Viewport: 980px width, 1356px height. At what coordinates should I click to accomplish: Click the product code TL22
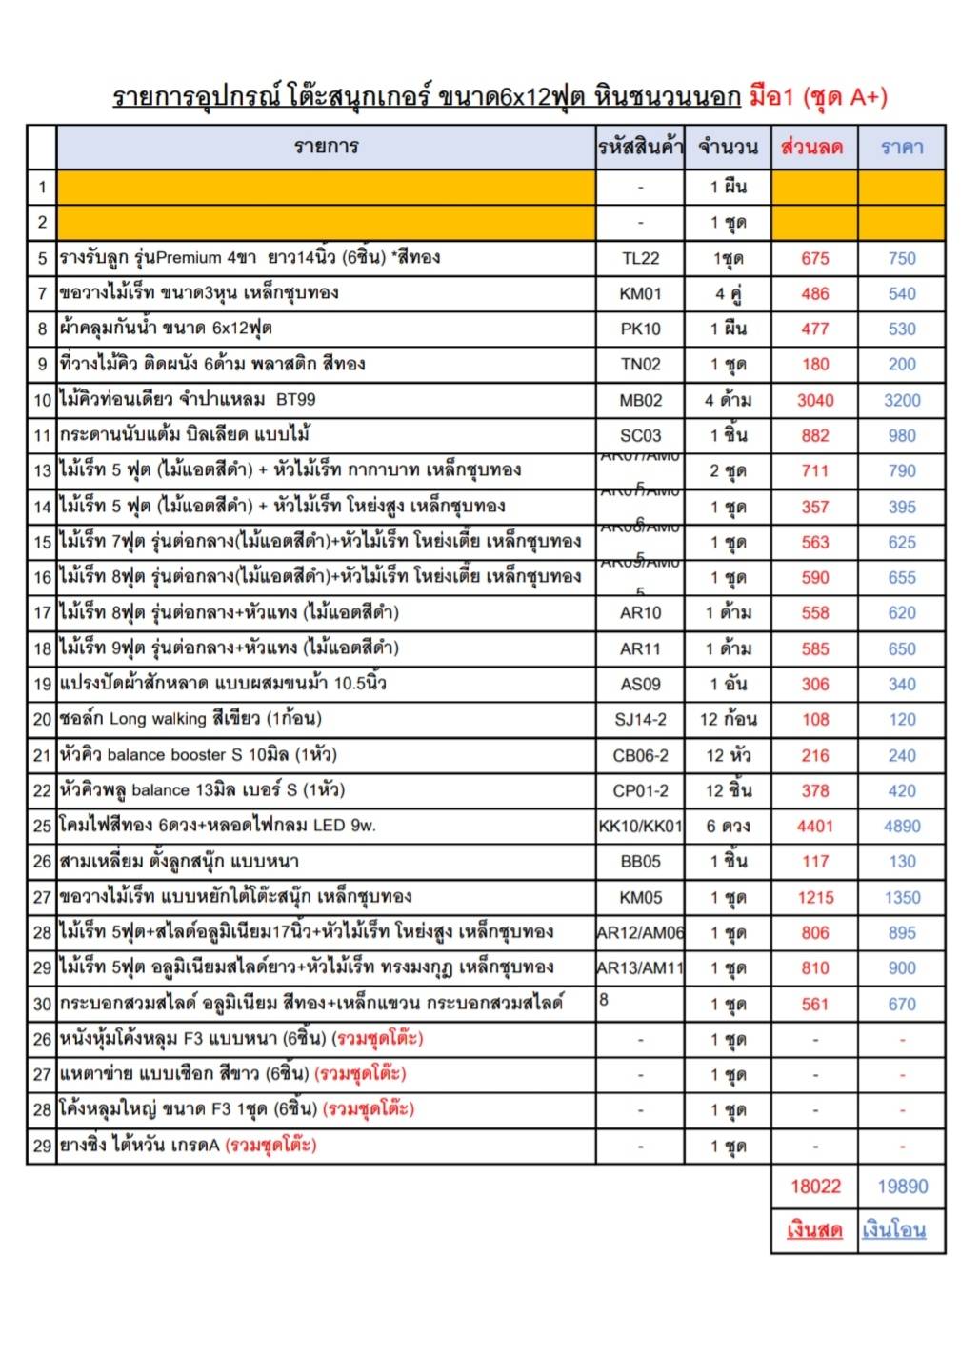click(x=640, y=259)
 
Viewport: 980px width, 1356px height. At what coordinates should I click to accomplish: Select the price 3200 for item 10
click(x=901, y=401)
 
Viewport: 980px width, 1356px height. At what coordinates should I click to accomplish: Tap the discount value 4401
click(x=814, y=827)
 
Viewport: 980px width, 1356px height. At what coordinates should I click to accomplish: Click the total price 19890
click(x=902, y=1186)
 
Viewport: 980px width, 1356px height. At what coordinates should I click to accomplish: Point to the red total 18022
click(x=815, y=1186)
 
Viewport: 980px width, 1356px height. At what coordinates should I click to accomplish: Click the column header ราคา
click(x=901, y=148)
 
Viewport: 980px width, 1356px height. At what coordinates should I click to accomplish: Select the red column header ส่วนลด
click(x=812, y=148)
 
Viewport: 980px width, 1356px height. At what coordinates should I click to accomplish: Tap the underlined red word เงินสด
click(x=814, y=1230)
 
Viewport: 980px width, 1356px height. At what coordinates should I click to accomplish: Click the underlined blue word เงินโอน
click(x=893, y=1230)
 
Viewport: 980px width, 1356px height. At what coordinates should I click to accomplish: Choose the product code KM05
click(x=640, y=898)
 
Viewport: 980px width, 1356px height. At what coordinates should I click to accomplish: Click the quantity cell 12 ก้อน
click(x=728, y=720)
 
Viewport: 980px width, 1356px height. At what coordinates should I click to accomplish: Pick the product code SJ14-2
click(x=640, y=720)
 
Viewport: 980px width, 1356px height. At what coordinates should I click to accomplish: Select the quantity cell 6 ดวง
click(x=728, y=827)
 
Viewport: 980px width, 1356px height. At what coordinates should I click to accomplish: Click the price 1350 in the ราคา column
click(x=901, y=898)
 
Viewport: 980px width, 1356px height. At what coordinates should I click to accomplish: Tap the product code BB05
click(x=640, y=862)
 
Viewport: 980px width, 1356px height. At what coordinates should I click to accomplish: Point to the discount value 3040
click(x=814, y=401)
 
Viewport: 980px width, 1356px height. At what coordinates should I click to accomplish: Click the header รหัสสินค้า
click(x=640, y=148)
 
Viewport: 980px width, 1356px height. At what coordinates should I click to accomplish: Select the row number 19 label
click(x=42, y=685)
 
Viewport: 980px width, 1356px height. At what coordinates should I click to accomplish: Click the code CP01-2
click(x=640, y=791)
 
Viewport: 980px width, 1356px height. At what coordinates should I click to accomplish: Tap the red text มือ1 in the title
click(x=770, y=97)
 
